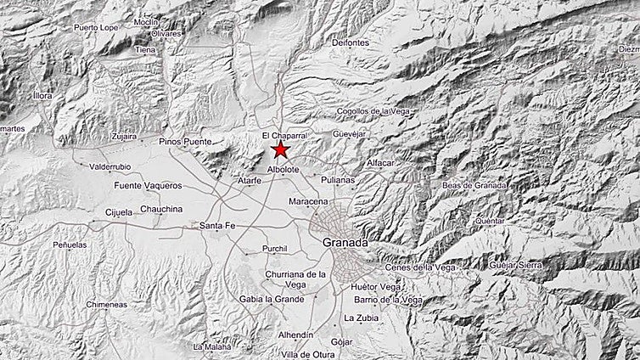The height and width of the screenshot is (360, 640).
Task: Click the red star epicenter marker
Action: pyautogui.click(x=280, y=150)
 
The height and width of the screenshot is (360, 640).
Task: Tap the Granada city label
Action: pyautogui.click(x=345, y=244)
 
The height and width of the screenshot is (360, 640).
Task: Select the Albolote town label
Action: pyautogui.click(x=283, y=171)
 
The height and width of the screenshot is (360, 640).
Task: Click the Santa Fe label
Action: pyautogui.click(x=216, y=226)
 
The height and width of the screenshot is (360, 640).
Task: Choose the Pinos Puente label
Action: pyautogui.click(x=183, y=142)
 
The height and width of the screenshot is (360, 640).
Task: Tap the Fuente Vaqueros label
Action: pyautogui.click(x=148, y=185)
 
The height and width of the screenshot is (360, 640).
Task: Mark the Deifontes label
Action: pyautogui.click(x=350, y=42)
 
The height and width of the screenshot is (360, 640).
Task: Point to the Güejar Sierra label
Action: pyautogui.click(x=515, y=266)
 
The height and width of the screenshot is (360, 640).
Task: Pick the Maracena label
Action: pyautogui.click(x=307, y=201)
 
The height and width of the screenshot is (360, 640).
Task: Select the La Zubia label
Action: pyautogui.click(x=359, y=318)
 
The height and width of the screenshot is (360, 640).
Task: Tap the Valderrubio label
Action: pyautogui.click(x=107, y=166)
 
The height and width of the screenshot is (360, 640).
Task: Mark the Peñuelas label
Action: pyautogui.click(x=70, y=245)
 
